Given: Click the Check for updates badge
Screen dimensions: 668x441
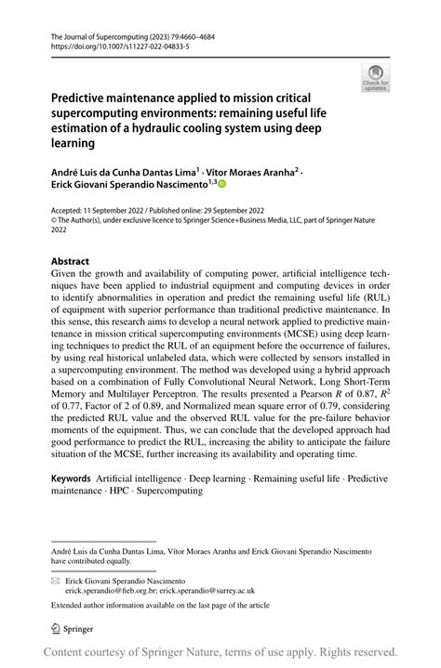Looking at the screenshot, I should coord(376,77).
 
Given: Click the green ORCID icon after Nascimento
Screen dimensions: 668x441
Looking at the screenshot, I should coord(248,186).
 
